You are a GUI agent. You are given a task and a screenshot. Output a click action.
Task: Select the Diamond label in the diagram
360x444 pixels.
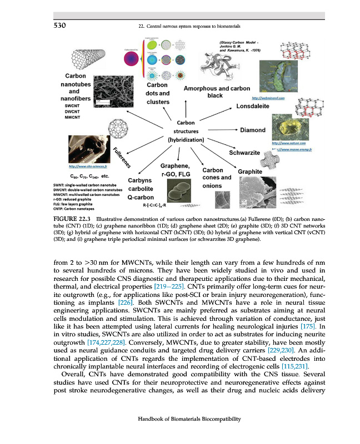click(x=252, y=130)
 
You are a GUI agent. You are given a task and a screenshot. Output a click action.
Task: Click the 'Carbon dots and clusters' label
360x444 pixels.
click(x=158, y=94)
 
